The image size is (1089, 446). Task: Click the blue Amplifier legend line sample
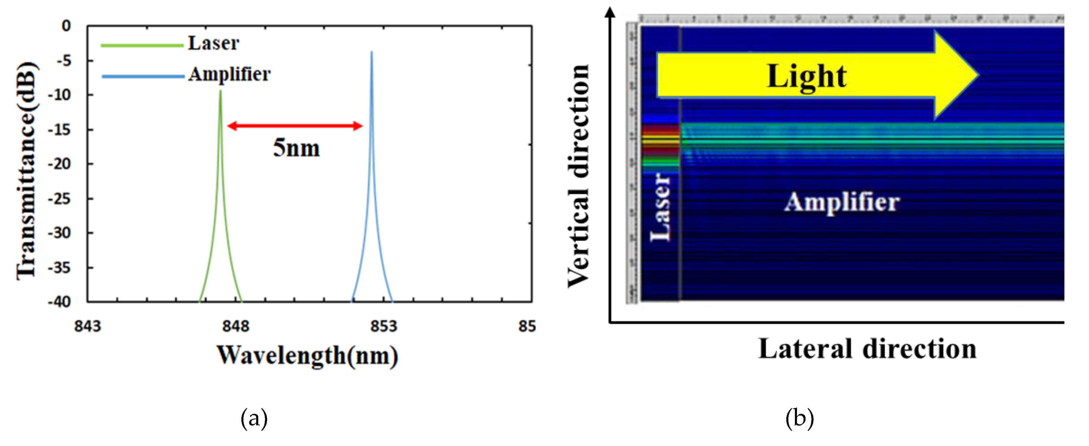click(143, 76)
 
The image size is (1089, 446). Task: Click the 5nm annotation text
click(296, 148)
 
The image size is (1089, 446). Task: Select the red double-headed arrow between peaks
click(295, 125)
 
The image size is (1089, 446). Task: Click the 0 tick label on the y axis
click(66, 26)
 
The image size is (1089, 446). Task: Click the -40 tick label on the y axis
click(60, 302)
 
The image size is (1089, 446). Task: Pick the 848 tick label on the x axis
click(236, 326)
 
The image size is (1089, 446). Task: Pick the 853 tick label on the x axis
click(384, 326)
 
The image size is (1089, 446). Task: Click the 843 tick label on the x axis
click(87, 326)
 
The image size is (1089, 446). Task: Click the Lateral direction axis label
click(867, 349)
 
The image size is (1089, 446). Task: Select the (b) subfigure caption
click(799, 418)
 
